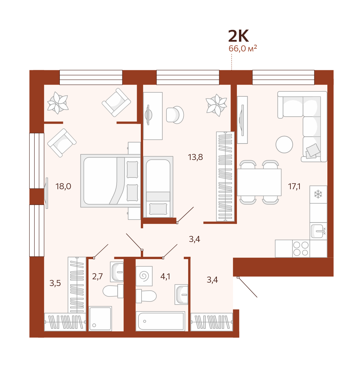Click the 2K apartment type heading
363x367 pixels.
(238, 36)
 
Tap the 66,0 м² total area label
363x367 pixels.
(243, 48)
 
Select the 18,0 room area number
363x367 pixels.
(63, 186)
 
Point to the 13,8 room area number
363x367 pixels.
(195, 157)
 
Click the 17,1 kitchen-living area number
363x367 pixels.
(294, 187)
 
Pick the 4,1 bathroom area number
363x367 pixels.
(165, 276)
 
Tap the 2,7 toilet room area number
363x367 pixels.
(97, 276)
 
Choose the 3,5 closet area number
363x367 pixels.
(55, 283)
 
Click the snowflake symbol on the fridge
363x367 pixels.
(318, 194)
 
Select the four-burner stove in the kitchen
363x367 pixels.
(301, 249)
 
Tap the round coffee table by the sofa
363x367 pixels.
(284, 145)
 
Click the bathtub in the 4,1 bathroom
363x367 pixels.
(160, 321)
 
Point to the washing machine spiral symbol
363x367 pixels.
(144, 276)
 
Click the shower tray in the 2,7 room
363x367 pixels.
(100, 318)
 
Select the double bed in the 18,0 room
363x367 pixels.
(111, 180)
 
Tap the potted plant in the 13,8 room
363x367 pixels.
(216, 105)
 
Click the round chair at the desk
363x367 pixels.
(175, 115)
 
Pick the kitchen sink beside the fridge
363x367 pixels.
(318, 231)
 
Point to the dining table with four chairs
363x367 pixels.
(259, 182)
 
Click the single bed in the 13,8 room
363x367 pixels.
(158, 187)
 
